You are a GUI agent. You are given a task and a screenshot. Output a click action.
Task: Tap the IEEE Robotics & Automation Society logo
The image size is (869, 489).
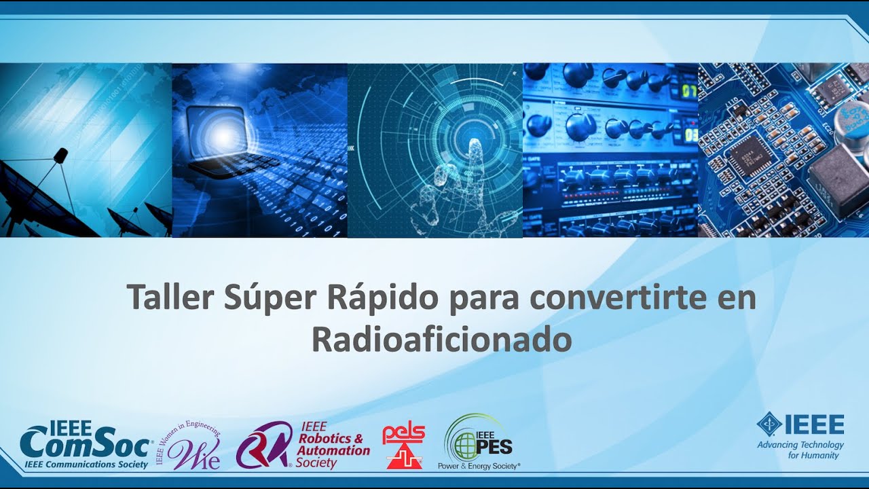(303, 446)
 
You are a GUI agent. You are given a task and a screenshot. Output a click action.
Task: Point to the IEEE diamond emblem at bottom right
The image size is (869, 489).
(769, 424)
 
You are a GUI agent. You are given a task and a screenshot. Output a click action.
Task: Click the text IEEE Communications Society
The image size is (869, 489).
(86, 465)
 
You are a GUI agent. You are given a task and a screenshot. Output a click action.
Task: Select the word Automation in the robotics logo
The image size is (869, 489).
(334, 450)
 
